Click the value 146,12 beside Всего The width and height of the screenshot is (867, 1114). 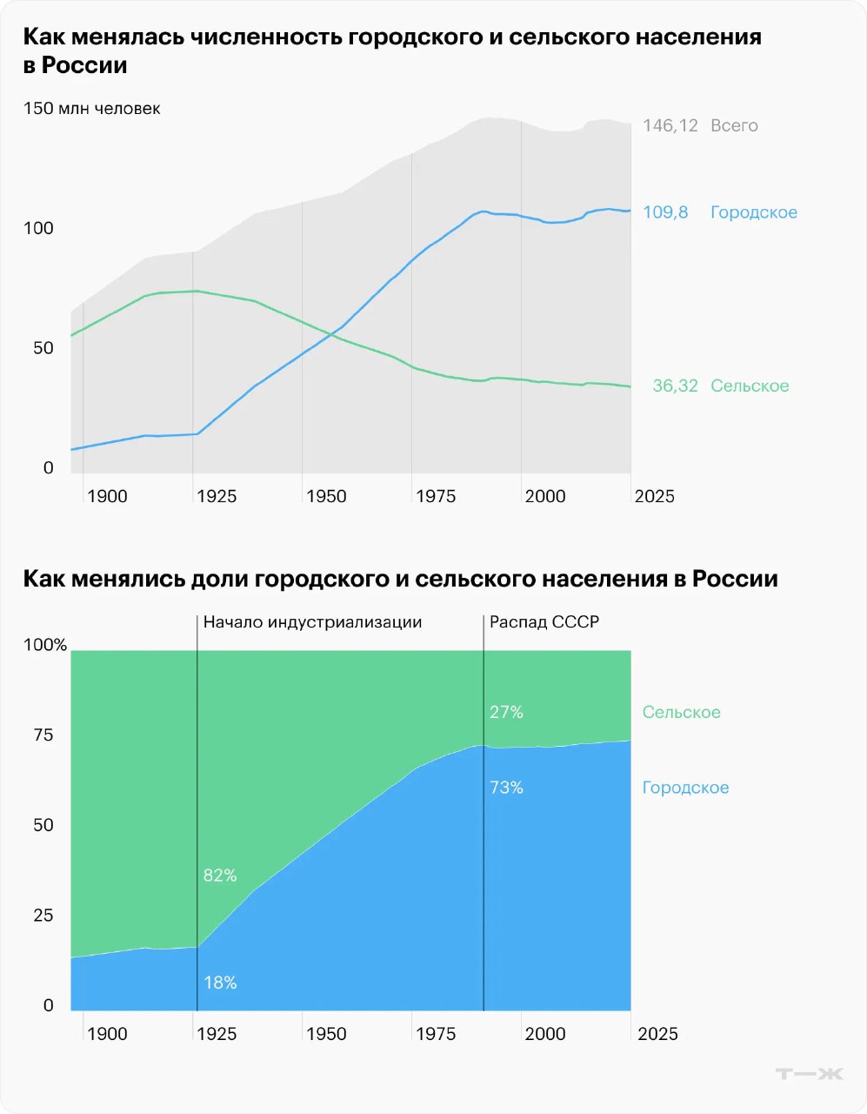click(x=670, y=125)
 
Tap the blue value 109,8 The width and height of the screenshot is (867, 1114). click(x=665, y=212)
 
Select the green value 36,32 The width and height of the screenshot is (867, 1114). click(x=675, y=386)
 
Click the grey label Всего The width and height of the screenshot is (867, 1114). click(x=734, y=125)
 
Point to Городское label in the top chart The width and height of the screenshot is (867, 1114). click(x=753, y=212)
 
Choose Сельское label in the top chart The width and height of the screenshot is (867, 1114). click(x=750, y=386)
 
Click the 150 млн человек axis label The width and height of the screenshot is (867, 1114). click(x=92, y=109)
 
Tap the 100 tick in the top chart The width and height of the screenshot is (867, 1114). click(x=38, y=228)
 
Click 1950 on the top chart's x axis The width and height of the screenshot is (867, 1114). click(x=326, y=496)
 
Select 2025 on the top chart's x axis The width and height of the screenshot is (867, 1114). click(x=654, y=496)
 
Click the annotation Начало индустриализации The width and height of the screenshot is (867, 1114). click(x=312, y=622)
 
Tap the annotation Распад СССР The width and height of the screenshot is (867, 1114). click(x=544, y=622)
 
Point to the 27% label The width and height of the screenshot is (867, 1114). click(x=506, y=712)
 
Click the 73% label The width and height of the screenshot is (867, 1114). click(x=506, y=788)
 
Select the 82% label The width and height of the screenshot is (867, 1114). click(x=220, y=876)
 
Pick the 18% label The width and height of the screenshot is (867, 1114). click(x=220, y=983)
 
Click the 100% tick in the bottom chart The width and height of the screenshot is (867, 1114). click(x=45, y=645)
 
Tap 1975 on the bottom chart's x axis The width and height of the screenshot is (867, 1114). click(x=436, y=1034)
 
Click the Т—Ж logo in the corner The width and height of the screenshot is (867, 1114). click(x=809, y=1074)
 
